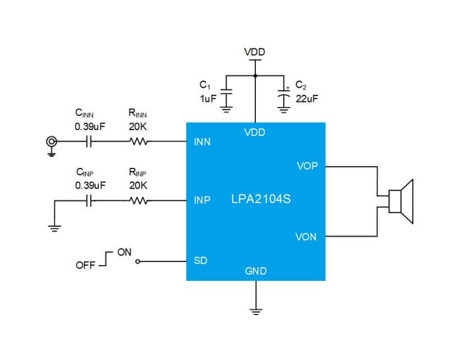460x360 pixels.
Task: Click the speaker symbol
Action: click(401, 201)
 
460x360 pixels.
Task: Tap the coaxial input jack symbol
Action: click(52, 142)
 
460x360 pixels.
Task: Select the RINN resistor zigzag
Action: click(138, 142)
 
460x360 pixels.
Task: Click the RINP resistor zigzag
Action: click(138, 201)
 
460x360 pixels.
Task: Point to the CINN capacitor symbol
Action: click(89, 142)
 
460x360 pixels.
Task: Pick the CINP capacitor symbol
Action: click(89, 201)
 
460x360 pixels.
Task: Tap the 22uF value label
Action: click(306, 99)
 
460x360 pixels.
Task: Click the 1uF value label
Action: click(208, 99)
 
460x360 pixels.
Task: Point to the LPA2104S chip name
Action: click(261, 199)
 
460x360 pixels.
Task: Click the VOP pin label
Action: click(307, 166)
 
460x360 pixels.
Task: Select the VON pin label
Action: click(306, 237)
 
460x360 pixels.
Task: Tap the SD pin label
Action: click(201, 261)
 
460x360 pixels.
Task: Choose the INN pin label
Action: click(202, 142)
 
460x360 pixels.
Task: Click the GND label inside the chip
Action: click(256, 271)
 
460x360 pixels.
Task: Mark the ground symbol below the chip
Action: click(256, 312)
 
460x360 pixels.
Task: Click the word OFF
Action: click(86, 266)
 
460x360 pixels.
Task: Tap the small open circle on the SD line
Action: click(138, 261)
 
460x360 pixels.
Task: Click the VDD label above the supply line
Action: click(255, 52)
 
